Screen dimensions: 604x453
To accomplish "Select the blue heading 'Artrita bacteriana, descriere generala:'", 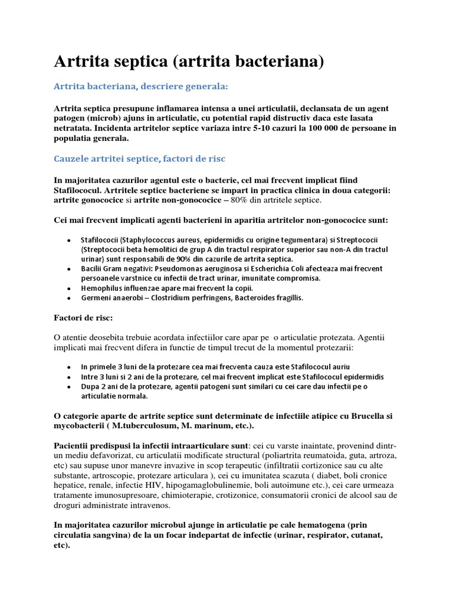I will pyautogui.click(x=140, y=87).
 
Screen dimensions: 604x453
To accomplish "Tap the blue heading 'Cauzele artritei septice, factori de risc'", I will pyautogui.click(x=139, y=159).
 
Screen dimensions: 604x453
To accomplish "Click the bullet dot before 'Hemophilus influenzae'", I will pyautogui.click(x=68, y=288).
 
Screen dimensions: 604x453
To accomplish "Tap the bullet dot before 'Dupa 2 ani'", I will pyautogui.click(x=68, y=386).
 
